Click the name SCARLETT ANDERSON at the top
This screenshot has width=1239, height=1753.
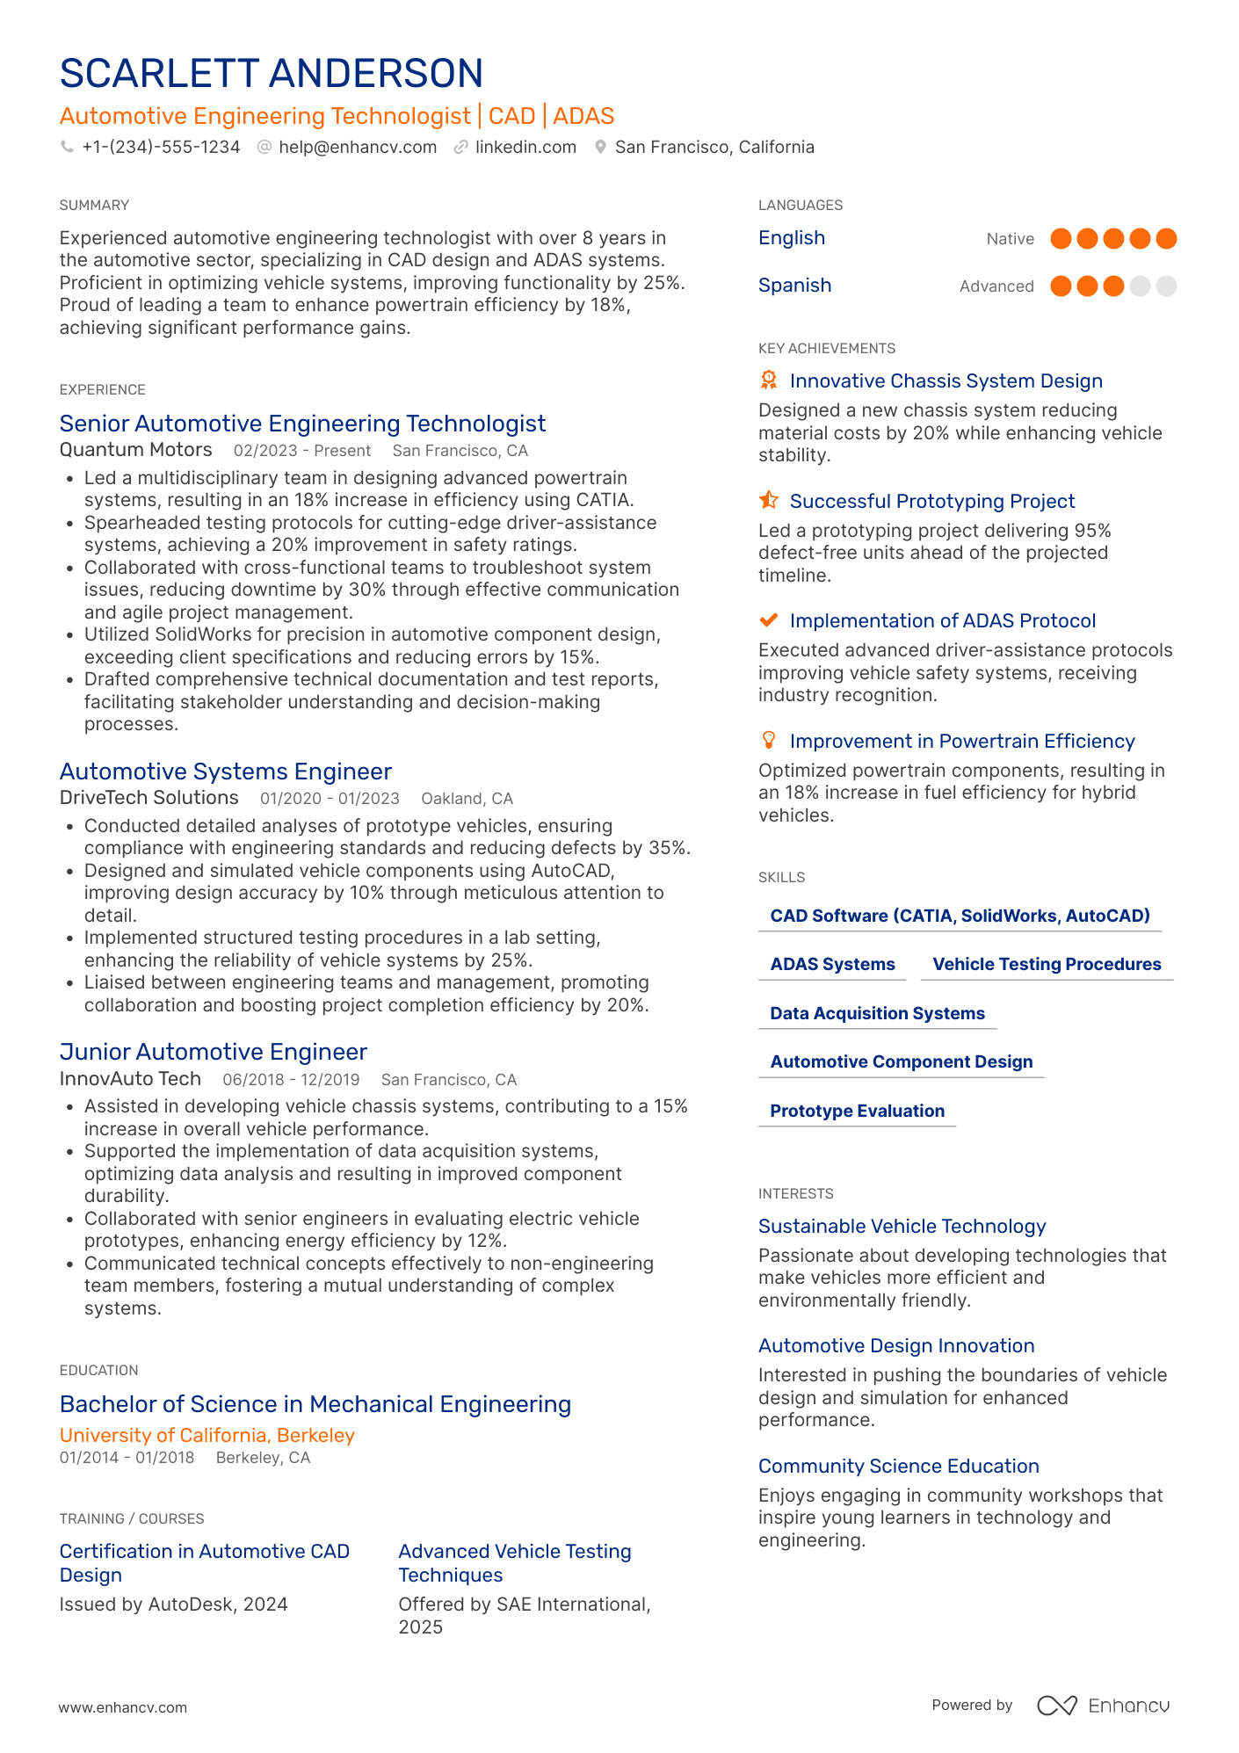point(271,74)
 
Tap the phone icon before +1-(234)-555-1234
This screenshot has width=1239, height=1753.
point(67,147)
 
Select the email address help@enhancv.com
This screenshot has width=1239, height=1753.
point(358,147)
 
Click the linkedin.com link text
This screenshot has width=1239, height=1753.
point(525,147)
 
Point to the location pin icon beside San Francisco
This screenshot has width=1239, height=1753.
point(600,147)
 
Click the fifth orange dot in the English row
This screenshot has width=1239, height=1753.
point(1166,238)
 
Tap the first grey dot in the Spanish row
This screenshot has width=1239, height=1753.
point(1140,286)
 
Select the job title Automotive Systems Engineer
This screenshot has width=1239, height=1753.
point(225,771)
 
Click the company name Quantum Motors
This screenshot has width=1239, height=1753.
point(135,450)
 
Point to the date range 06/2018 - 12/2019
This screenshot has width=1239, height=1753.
point(291,1079)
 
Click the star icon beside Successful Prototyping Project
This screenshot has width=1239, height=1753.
point(768,500)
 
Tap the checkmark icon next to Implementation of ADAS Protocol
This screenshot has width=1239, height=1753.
point(768,620)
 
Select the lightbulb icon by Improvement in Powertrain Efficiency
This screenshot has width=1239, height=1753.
point(768,740)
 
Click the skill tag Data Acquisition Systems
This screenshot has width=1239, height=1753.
point(877,1013)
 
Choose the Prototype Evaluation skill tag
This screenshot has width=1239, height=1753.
point(857,1111)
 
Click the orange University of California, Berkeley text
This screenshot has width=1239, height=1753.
point(206,1435)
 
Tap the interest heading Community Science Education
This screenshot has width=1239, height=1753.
point(898,1466)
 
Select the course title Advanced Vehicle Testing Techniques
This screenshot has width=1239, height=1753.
point(515,1563)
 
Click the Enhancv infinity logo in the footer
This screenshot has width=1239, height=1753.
point(1056,1706)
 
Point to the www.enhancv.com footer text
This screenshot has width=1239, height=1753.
point(123,1707)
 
